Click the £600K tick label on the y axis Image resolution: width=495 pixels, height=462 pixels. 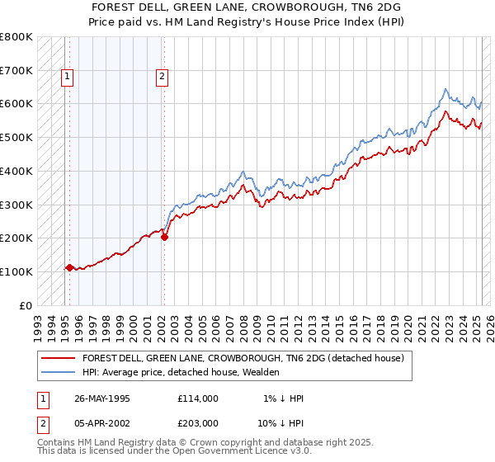point(16,104)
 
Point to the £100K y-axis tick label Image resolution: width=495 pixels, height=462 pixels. point(16,271)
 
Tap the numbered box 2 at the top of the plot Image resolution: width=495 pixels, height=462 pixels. point(163,78)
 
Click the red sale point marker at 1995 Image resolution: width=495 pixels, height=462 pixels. point(69,267)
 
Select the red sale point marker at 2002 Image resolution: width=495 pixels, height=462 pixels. point(164,238)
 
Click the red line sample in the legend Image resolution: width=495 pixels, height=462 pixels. point(57,359)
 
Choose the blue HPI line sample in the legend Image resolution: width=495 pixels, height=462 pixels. point(57,373)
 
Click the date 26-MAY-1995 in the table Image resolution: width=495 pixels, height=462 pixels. point(102,398)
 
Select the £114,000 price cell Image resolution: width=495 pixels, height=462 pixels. point(198,398)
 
